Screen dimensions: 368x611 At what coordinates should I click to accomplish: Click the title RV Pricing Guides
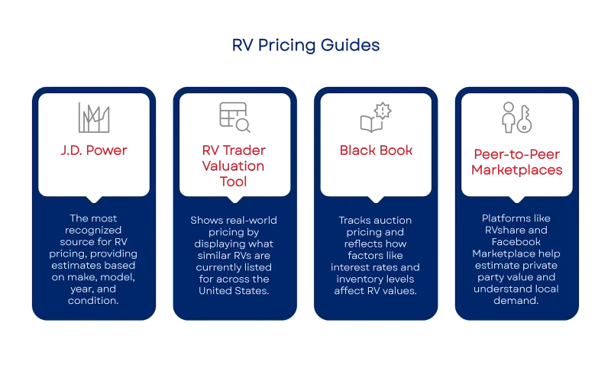(x=305, y=47)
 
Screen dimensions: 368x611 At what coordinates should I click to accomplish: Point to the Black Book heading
(x=376, y=150)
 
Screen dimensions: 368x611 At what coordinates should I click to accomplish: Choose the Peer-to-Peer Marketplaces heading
(x=517, y=162)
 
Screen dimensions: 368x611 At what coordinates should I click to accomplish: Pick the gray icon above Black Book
(x=376, y=117)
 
